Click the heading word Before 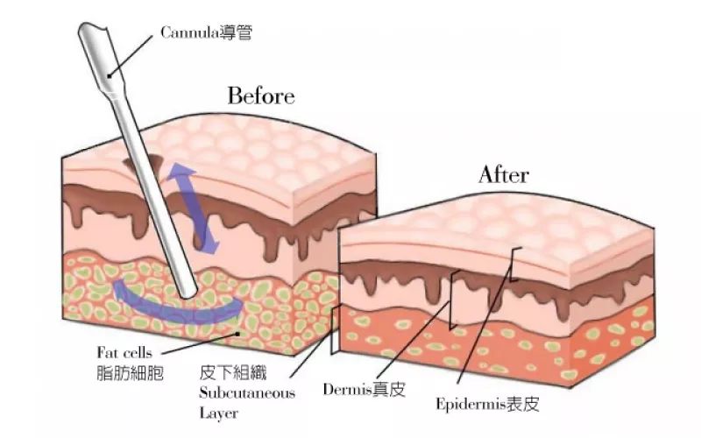point(261,95)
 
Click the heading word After point(504,174)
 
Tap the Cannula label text point(207,32)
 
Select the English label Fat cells point(124,353)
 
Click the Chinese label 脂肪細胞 point(130,373)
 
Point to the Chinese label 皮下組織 point(233,372)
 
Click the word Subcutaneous point(247,392)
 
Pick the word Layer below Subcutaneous point(218,413)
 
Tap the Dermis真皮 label point(365,389)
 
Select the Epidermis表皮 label point(488,404)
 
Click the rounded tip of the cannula point(189,293)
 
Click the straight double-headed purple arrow point(193,208)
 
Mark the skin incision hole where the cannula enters point(142,163)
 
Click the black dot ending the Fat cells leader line point(238,333)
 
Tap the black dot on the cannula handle point(108,76)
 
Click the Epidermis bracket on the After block point(514,265)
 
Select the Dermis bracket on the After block point(454,300)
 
